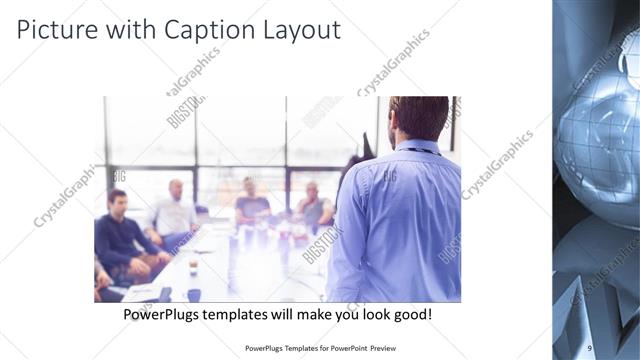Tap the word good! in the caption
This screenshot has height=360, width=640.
pyautogui.click(x=410, y=314)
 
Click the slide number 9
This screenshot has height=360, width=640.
pyautogui.click(x=590, y=347)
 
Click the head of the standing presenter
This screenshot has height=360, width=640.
pyautogui.click(x=419, y=118)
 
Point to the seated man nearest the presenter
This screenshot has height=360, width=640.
pyautogui.click(x=314, y=206)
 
